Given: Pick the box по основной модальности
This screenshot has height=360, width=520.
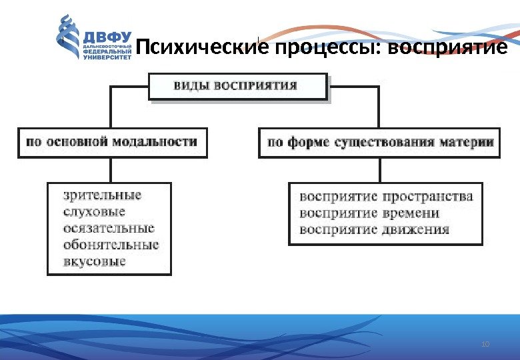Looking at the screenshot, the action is pyautogui.click(x=112, y=142).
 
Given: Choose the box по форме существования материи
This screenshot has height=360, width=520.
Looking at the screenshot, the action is pyautogui.click(x=379, y=142).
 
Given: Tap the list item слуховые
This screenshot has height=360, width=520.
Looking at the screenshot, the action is pyautogui.click(x=95, y=212).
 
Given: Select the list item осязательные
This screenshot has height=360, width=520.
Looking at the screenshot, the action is pyautogui.click(x=108, y=228).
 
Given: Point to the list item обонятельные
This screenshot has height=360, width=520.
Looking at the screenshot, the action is pyautogui.click(x=111, y=245).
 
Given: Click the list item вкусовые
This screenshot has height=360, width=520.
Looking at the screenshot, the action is pyautogui.click(x=95, y=261).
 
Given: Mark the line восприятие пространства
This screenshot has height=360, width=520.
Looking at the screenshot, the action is pyautogui.click(x=386, y=197).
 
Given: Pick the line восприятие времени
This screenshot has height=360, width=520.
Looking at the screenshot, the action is pyautogui.click(x=369, y=213).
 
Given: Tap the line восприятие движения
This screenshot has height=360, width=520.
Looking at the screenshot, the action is pyautogui.click(x=375, y=230).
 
